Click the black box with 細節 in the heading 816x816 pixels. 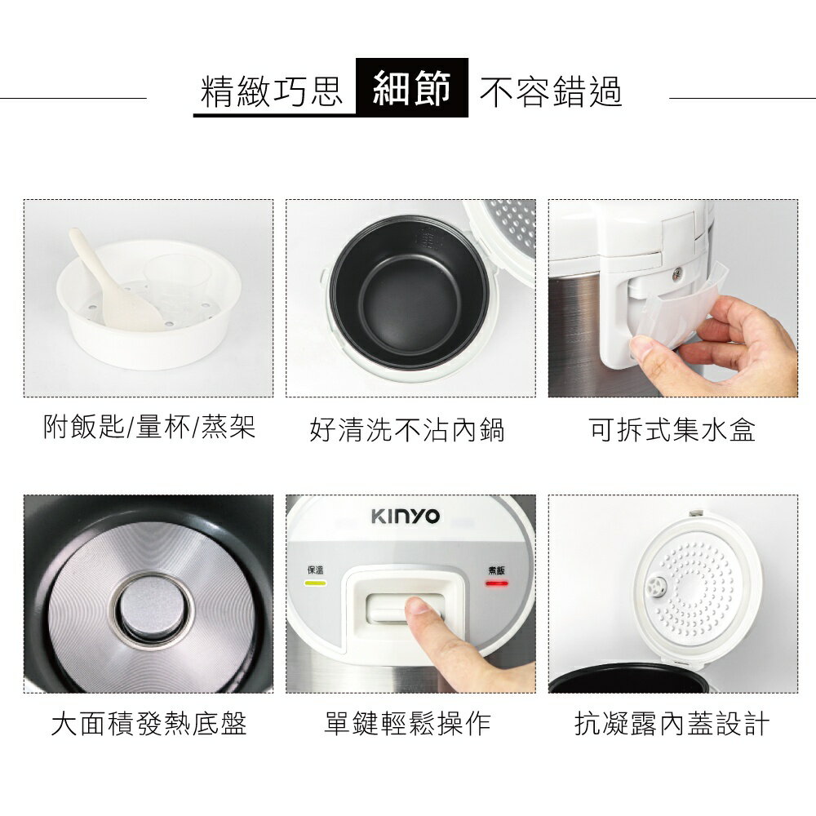pos(412,87)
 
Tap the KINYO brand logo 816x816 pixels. pos(406,517)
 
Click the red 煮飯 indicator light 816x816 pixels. pos(497,583)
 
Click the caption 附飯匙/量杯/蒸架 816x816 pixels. pos(149,426)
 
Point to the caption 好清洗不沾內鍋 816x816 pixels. pos(407,429)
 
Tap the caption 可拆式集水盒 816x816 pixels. pos(672,429)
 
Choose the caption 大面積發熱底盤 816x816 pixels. pos(149,723)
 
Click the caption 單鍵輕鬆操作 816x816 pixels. pos(407,723)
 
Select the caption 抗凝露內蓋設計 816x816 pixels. pos(672,723)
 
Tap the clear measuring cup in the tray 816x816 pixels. pos(178,282)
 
